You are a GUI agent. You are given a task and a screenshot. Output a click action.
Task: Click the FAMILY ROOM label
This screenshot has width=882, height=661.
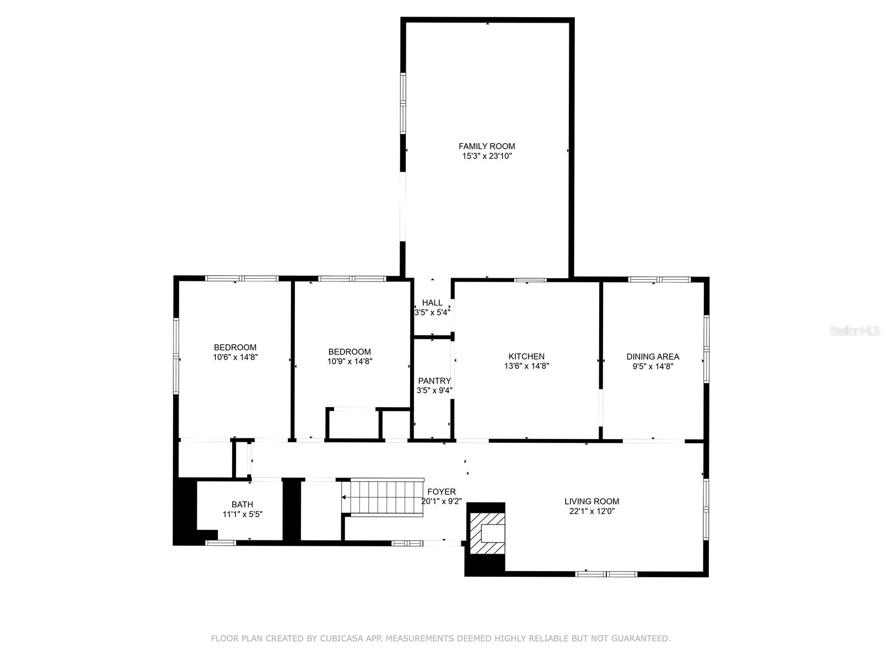(x=487, y=146)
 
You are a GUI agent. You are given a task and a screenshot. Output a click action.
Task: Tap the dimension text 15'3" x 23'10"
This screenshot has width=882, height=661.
(x=487, y=156)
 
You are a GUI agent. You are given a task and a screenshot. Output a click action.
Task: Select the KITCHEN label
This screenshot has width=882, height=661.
(x=526, y=356)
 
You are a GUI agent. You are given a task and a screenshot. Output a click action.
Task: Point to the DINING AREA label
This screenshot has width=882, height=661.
(x=653, y=356)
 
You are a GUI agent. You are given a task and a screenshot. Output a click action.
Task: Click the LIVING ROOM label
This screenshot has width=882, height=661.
(x=591, y=501)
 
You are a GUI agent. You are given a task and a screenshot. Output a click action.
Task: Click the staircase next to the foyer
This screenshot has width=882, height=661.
(x=386, y=497)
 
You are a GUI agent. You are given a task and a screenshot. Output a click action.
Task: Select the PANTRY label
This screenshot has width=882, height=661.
(x=434, y=381)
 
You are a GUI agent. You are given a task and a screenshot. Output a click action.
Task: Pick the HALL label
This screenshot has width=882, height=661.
(x=432, y=302)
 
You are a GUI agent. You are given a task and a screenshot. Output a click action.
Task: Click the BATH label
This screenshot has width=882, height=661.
(x=242, y=504)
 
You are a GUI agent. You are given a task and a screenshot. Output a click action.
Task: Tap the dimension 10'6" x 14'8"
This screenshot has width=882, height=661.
(x=235, y=357)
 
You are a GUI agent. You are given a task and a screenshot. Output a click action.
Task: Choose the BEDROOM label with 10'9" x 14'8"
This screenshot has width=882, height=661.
(x=349, y=351)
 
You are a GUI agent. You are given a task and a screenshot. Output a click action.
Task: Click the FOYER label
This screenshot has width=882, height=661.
(x=442, y=491)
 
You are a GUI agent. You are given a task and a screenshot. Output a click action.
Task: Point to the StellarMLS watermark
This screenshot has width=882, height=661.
(x=855, y=331)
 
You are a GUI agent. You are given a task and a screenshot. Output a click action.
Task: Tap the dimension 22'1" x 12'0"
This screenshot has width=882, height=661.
(x=591, y=511)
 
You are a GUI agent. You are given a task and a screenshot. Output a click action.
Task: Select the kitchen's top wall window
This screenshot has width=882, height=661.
(x=530, y=280)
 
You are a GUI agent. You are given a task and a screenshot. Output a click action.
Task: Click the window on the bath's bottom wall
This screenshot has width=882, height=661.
(x=221, y=543)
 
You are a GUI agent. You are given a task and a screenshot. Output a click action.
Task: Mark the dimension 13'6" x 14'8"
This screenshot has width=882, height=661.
(x=526, y=366)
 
